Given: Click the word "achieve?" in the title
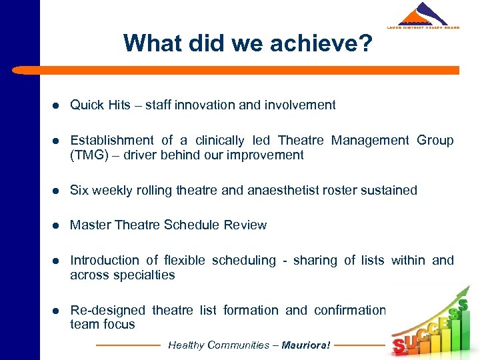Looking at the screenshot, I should click(328, 44).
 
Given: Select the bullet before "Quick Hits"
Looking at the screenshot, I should click(58, 105).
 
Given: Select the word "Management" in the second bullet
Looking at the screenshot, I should click(370, 140).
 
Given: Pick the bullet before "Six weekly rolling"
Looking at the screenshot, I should click(58, 191).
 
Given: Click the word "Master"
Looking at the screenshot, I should click(91, 225).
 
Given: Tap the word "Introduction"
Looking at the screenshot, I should click(105, 260).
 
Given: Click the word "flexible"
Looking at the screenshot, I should click(185, 260).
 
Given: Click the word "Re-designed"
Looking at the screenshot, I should click(107, 310).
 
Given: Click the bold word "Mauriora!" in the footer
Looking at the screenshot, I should click(306, 345).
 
